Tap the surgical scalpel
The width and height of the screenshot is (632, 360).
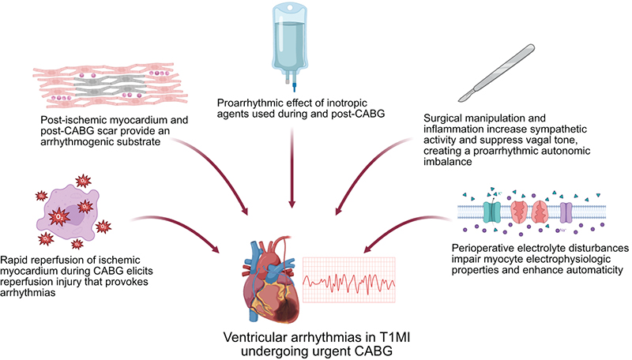[x=497, y=73]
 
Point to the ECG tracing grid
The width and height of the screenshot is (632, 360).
[x=349, y=279]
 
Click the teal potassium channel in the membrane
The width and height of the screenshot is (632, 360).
[x=491, y=212]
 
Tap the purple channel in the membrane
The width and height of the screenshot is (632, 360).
[x=566, y=212]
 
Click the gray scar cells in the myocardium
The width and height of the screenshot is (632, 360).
[x=110, y=85]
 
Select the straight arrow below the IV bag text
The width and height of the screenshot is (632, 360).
[x=292, y=167]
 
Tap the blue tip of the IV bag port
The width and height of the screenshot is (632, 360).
[x=295, y=87]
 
